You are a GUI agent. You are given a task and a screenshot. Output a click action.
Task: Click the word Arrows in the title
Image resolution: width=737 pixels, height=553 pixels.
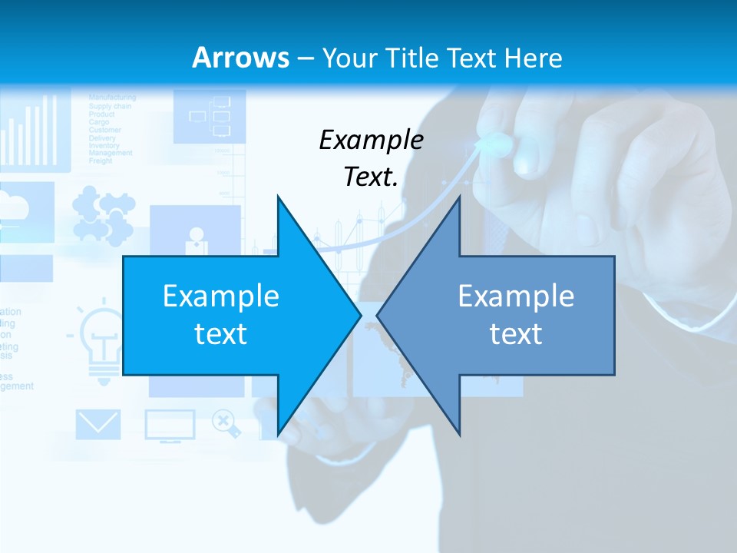pyautogui.click(x=240, y=58)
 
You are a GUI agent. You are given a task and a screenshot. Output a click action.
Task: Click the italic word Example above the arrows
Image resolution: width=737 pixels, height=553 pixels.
pyautogui.click(x=371, y=140)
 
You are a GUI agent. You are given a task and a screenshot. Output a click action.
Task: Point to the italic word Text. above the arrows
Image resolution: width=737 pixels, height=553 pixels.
pyautogui.click(x=371, y=177)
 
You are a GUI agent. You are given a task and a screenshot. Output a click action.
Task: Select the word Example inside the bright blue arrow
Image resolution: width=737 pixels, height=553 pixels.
pyautogui.click(x=220, y=296)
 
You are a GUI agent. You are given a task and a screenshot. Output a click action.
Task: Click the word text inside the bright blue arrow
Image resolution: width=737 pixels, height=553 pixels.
pyautogui.click(x=220, y=334)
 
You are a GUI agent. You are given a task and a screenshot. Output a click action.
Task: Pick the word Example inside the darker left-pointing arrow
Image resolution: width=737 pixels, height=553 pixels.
pyautogui.click(x=516, y=296)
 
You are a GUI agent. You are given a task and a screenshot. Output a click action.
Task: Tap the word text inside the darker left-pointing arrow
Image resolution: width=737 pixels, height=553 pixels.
pyautogui.click(x=516, y=334)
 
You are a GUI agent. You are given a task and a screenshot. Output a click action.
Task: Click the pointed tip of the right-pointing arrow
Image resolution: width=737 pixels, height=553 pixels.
pyautogui.click(x=359, y=315)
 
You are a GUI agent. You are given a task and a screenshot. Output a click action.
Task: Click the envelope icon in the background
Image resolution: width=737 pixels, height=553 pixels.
pyautogui.click(x=97, y=425)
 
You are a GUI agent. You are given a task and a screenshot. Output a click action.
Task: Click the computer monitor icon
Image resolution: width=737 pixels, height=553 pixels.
pyautogui.click(x=170, y=426)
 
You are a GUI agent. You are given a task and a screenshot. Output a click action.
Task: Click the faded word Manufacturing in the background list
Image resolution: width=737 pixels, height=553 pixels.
pyautogui.click(x=112, y=98)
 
